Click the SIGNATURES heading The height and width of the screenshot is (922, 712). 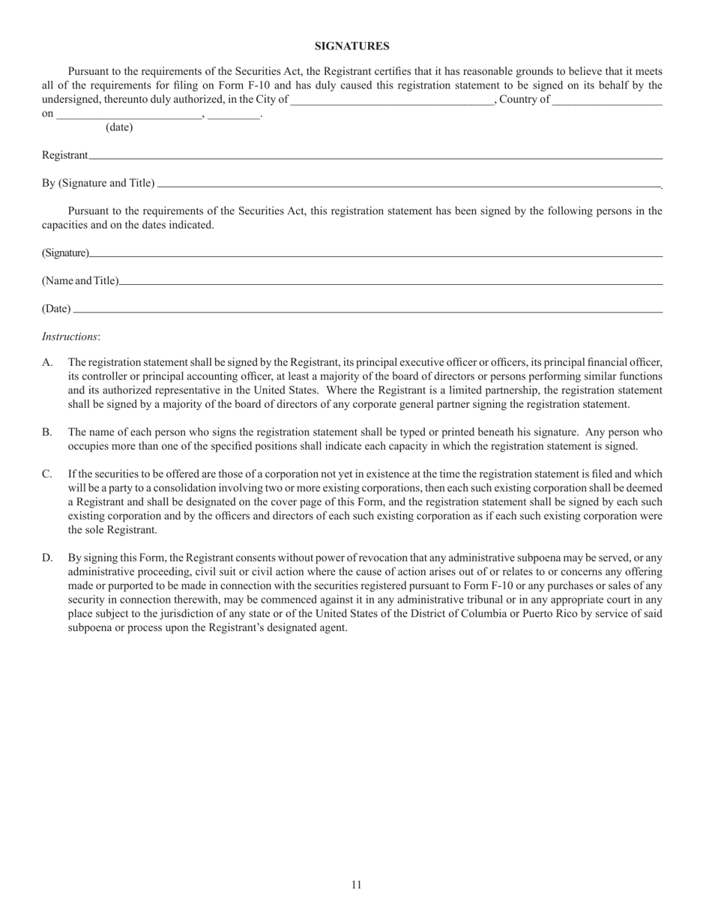point(352,46)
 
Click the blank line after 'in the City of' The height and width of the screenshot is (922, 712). point(391,100)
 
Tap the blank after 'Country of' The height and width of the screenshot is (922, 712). point(607,100)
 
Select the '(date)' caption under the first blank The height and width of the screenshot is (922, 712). point(119,127)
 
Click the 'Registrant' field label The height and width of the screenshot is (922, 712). point(64,155)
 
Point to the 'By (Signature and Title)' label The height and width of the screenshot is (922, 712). point(98,184)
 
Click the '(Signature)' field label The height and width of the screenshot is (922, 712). point(65,253)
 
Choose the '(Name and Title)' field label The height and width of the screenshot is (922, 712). point(80,281)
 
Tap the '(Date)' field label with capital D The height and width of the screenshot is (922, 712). point(56,309)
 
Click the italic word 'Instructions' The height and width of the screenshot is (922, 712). point(70,337)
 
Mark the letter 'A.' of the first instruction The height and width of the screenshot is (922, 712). point(47,363)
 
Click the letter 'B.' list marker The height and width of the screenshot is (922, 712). point(47,433)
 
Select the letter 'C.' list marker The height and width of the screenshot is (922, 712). point(47,474)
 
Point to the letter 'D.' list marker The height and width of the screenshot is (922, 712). point(47,558)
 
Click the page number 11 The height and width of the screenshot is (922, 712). point(356,885)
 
